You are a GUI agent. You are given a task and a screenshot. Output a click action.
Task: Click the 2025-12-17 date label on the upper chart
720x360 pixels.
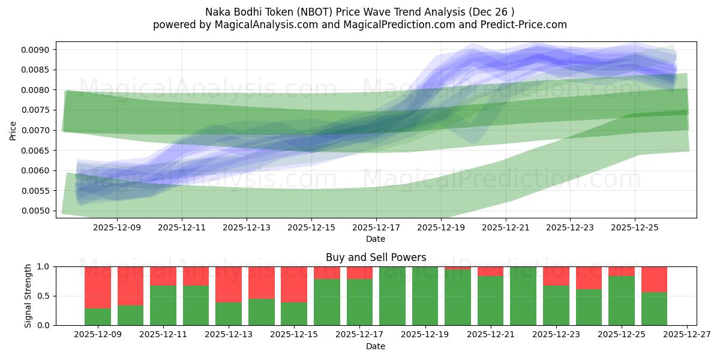[376, 228]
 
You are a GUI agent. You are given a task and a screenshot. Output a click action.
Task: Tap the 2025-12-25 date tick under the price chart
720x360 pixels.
[635, 228]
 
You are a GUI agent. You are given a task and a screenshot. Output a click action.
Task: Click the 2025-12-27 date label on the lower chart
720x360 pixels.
[686, 335]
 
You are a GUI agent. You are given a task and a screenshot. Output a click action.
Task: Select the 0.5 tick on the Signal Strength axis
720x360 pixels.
[45, 296]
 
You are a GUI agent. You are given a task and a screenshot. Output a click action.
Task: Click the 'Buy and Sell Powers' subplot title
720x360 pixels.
[376, 257]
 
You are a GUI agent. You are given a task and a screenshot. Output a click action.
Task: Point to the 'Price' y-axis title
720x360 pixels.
[13, 130]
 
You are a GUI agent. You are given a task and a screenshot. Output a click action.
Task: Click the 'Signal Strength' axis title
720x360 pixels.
[28, 296]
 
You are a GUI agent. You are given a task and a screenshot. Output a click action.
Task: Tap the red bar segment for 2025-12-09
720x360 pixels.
[97, 287]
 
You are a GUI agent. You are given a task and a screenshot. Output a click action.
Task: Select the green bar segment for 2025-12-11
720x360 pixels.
[163, 305]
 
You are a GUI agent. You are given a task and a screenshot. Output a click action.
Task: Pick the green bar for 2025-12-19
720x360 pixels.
[424, 296]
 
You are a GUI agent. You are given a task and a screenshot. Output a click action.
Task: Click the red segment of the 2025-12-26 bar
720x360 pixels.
[654, 279]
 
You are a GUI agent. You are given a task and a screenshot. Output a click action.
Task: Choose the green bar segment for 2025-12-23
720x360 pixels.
[555, 305]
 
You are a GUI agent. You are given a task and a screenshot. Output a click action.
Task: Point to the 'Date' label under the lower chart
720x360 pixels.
[376, 346]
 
